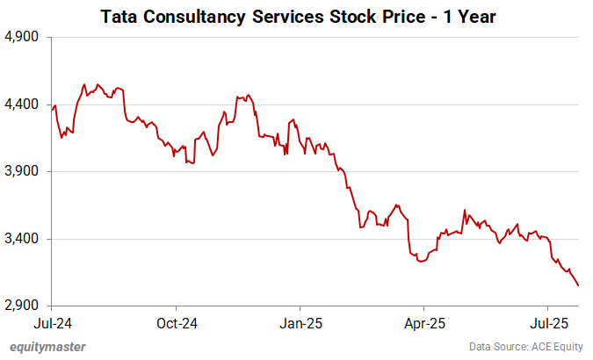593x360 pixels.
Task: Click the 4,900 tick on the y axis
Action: coord(25,38)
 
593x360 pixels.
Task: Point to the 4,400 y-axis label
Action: coord(25,104)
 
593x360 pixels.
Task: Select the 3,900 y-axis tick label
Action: coord(25,172)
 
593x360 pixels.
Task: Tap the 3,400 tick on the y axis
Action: coord(25,239)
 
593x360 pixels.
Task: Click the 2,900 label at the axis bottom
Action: coord(25,306)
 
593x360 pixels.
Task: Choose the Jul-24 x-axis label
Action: coord(52,322)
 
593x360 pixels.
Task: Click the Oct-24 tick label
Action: coord(176,322)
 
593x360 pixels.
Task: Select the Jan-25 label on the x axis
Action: coord(300,322)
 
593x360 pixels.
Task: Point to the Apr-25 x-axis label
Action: coord(423,322)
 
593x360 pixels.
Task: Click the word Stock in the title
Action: coord(352,16)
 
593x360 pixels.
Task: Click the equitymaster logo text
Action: coord(47,347)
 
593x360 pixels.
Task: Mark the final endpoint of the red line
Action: coord(578,285)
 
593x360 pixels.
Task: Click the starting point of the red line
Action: coord(52,110)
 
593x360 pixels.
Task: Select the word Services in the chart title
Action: coord(283,16)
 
